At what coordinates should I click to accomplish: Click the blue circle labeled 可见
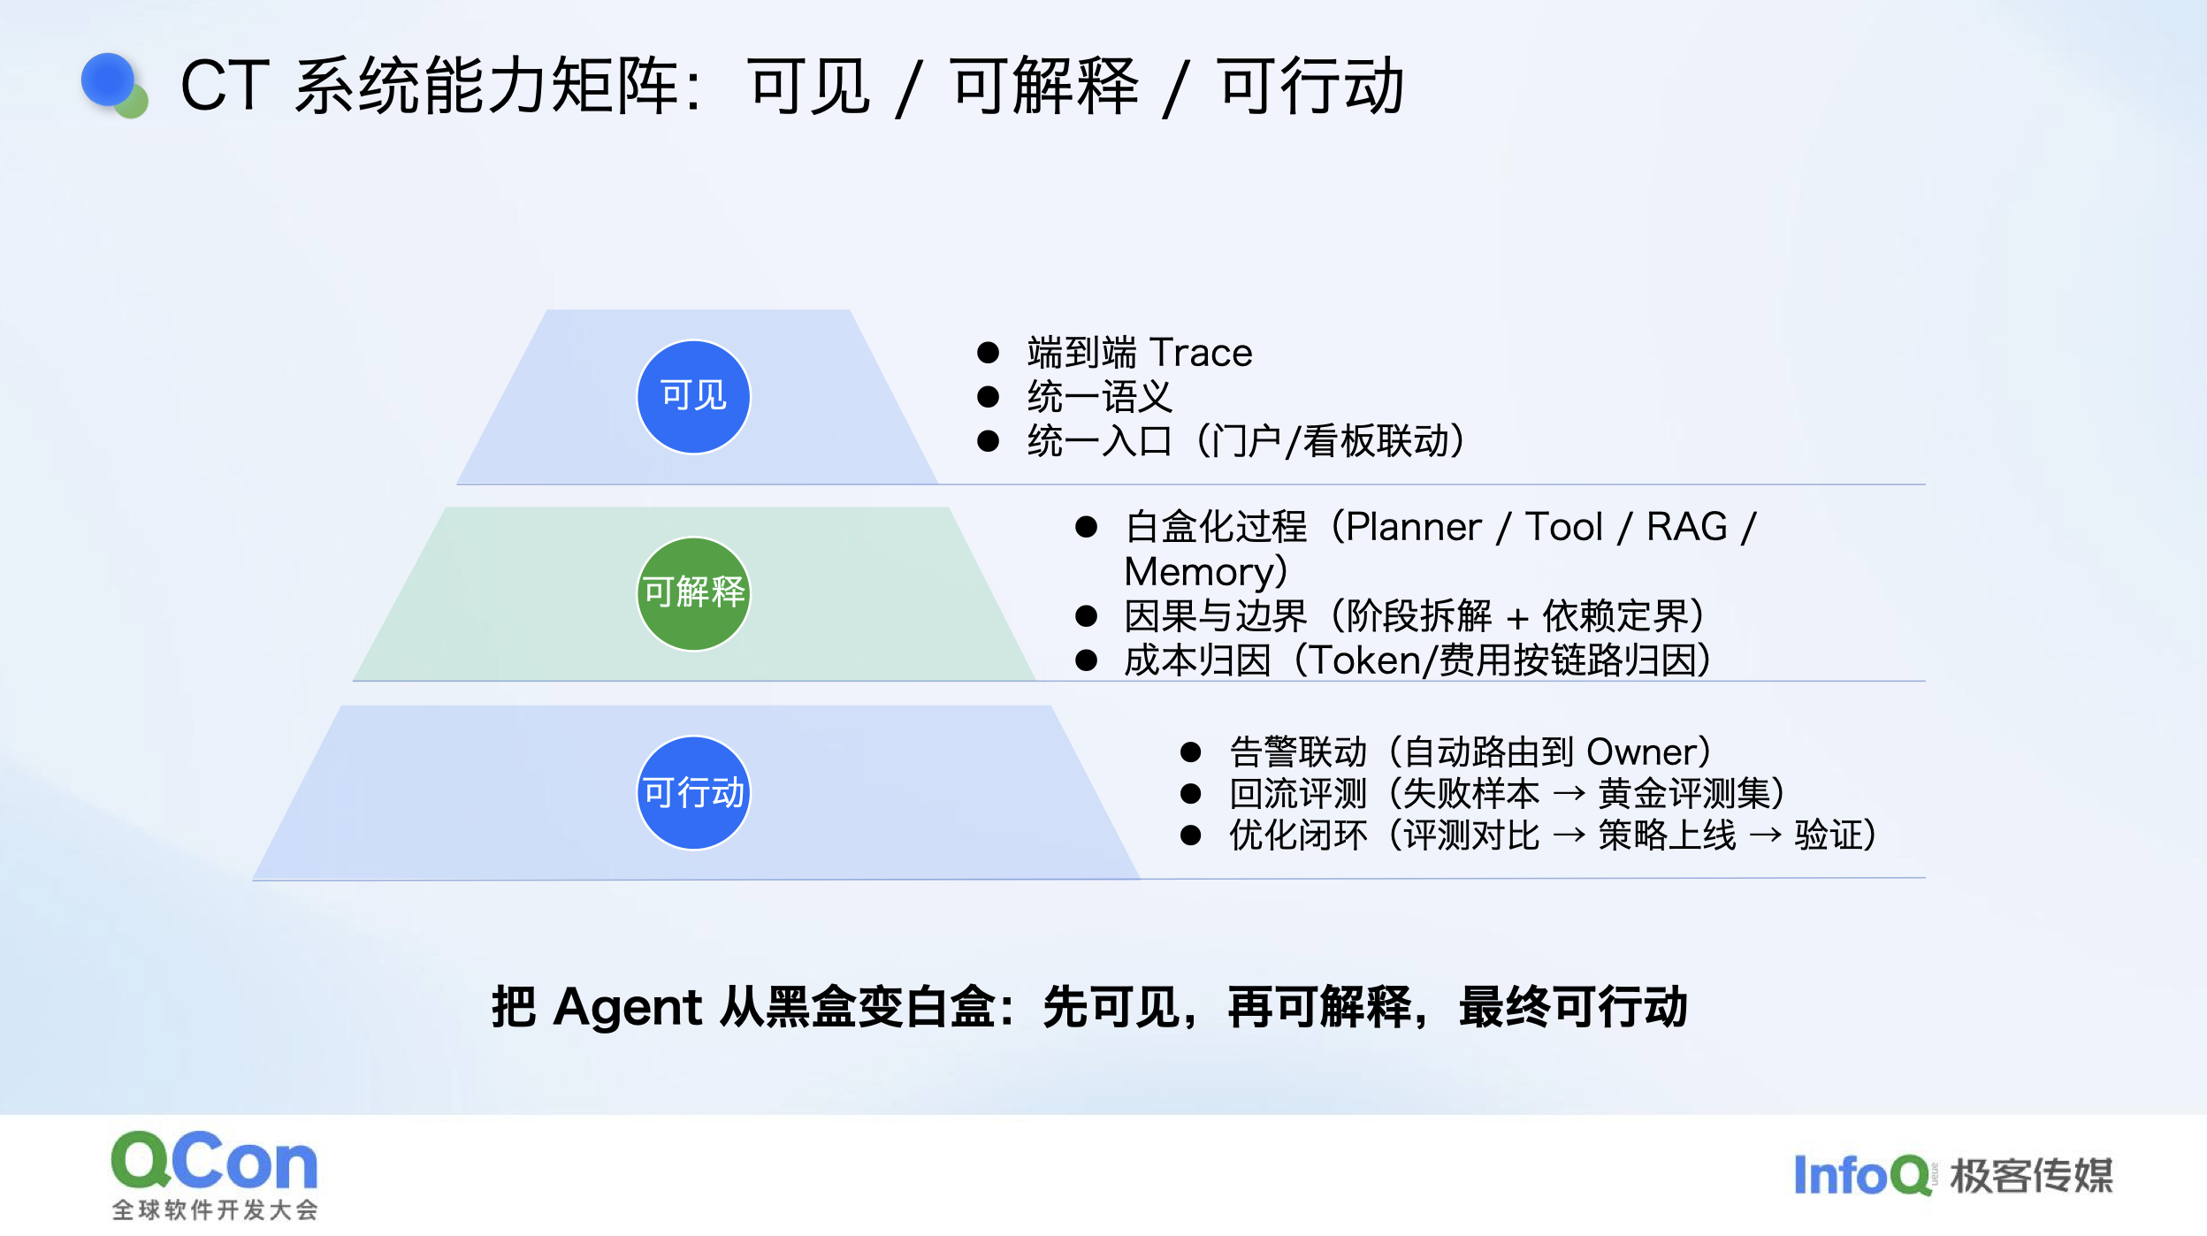693,396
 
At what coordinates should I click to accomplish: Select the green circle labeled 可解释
693,593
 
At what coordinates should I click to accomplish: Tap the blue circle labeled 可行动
693,792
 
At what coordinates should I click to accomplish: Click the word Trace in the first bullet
1201,353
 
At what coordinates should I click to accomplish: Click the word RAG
1687,527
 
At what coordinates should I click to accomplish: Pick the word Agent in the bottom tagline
628,1007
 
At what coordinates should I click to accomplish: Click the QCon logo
215,1175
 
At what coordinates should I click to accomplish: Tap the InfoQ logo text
1862,1175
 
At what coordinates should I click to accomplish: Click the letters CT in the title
225,85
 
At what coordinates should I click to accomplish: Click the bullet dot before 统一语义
988,397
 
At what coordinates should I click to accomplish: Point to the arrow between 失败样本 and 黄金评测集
1569,794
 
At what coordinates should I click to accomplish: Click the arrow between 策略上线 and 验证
1766,835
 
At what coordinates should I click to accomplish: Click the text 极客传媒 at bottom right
2031,1176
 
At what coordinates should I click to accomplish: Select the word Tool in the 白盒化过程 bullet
1564,527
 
